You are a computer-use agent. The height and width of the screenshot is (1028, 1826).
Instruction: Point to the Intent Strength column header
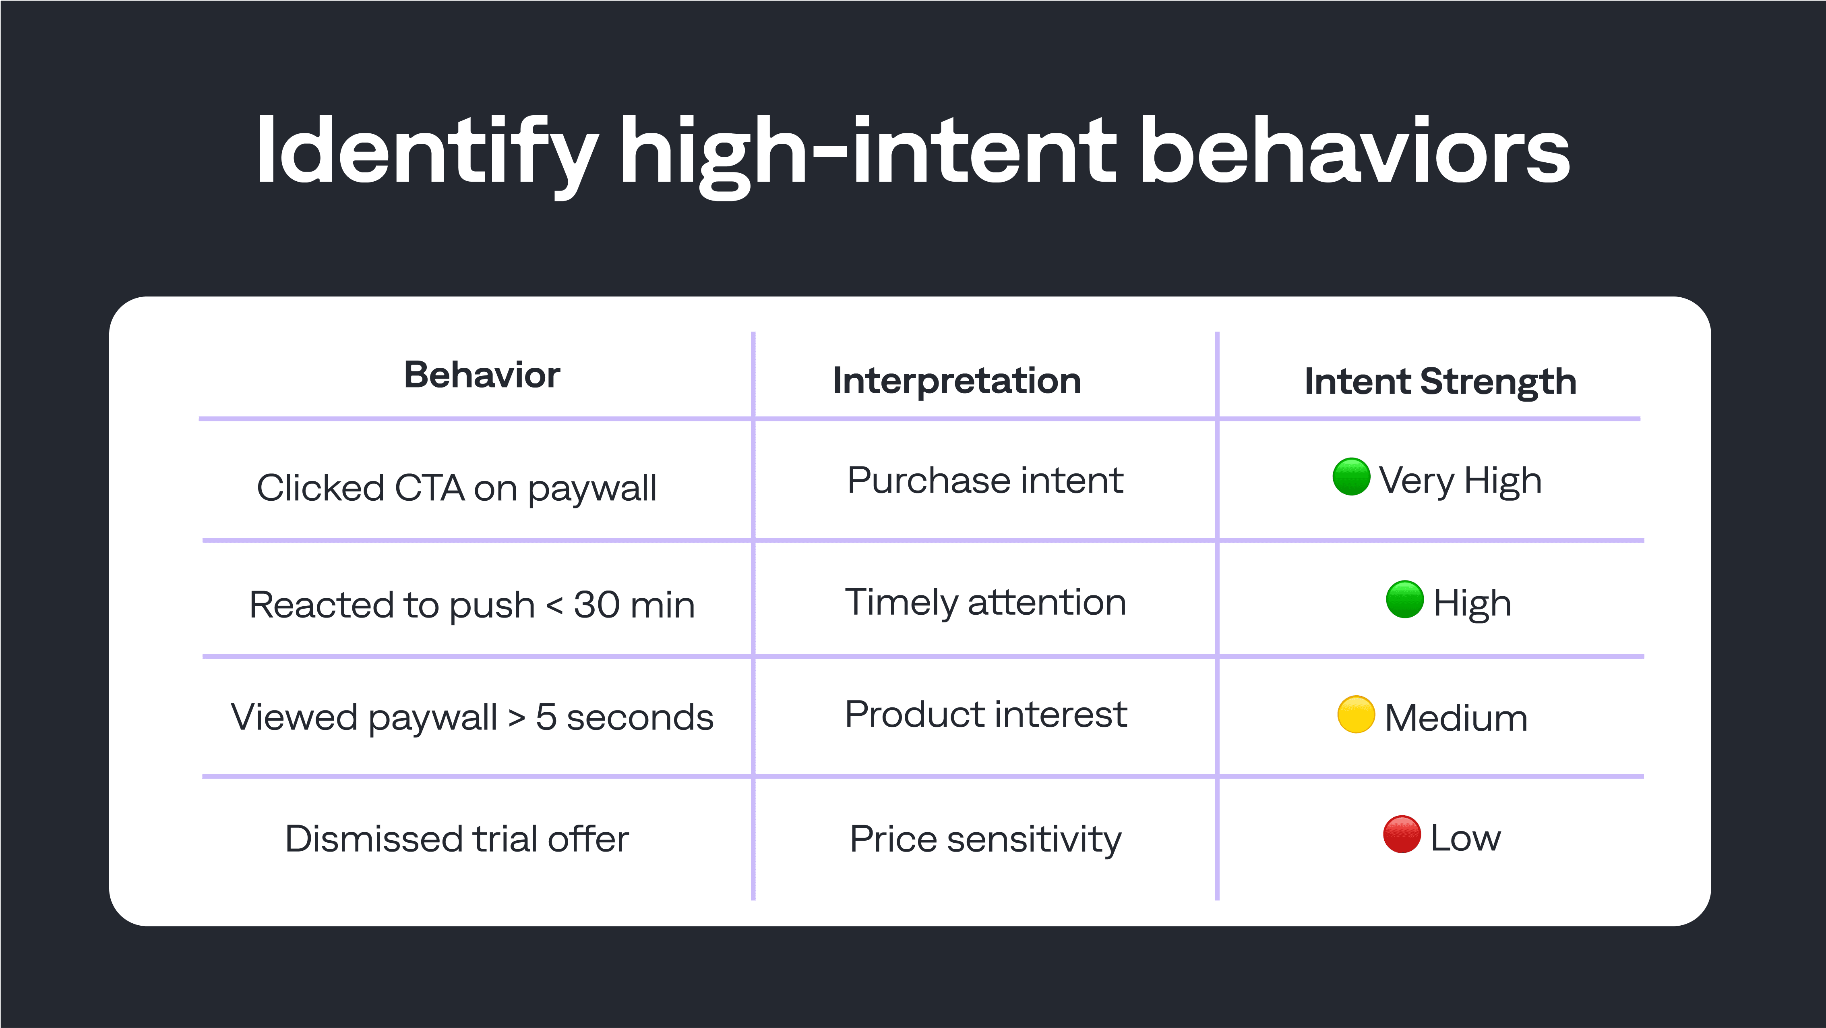pyautogui.click(x=1440, y=381)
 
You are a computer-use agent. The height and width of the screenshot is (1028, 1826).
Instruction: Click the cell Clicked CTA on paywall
pyautogui.click(x=457, y=488)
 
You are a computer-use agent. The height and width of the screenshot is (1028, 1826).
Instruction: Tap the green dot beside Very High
pyautogui.click(x=1351, y=477)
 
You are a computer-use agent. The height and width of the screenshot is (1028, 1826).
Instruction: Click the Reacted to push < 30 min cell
pyautogui.click(x=471, y=605)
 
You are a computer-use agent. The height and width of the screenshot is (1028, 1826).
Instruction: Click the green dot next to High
pyautogui.click(x=1404, y=600)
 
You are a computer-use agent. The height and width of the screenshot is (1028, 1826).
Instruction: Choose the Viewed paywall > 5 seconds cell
pyautogui.click(x=471, y=717)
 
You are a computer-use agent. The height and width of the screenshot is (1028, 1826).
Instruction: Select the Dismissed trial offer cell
pyautogui.click(x=457, y=839)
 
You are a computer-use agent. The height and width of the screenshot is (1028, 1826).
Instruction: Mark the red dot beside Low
pyautogui.click(x=1401, y=835)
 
